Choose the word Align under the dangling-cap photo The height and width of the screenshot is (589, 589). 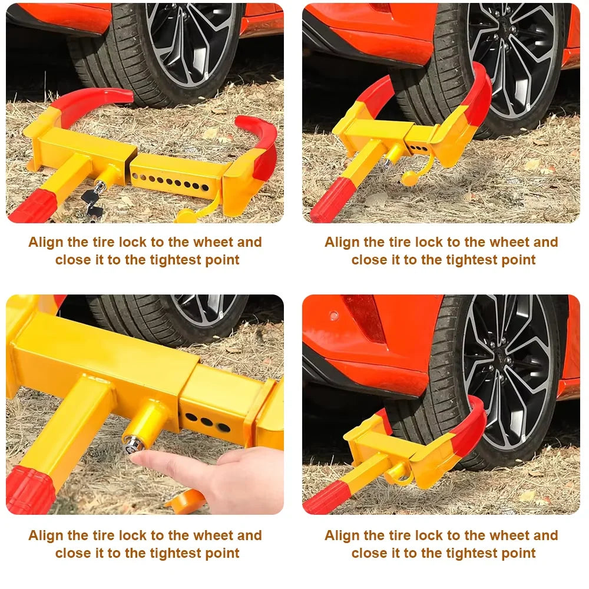click(x=342, y=242)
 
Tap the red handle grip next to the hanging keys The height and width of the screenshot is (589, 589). click(x=32, y=207)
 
